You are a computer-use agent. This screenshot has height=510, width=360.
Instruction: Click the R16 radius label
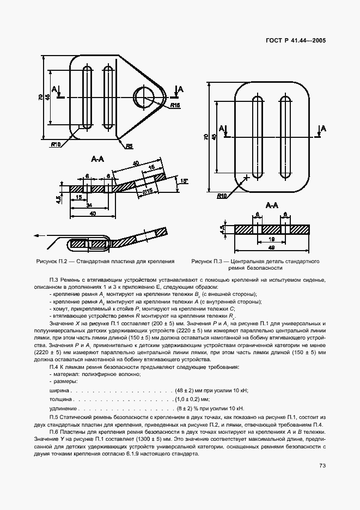point(175,105)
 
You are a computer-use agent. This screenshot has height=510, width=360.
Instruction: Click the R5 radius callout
point(129,146)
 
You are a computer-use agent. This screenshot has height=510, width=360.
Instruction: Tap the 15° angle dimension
point(184,181)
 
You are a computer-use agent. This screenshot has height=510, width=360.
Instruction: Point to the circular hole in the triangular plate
point(147,96)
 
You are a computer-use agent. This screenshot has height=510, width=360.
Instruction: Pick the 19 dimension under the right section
point(272,238)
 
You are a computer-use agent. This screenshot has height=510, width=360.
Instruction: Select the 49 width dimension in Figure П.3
point(272,248)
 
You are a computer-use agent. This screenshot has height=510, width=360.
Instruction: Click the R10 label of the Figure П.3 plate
point(222,196)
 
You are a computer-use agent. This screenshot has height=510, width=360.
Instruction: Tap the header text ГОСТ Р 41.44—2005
point(291,40)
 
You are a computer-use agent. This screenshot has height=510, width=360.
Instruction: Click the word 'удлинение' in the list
point(63,408)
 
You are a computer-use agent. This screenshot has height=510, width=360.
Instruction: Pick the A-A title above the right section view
point(272,205)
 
